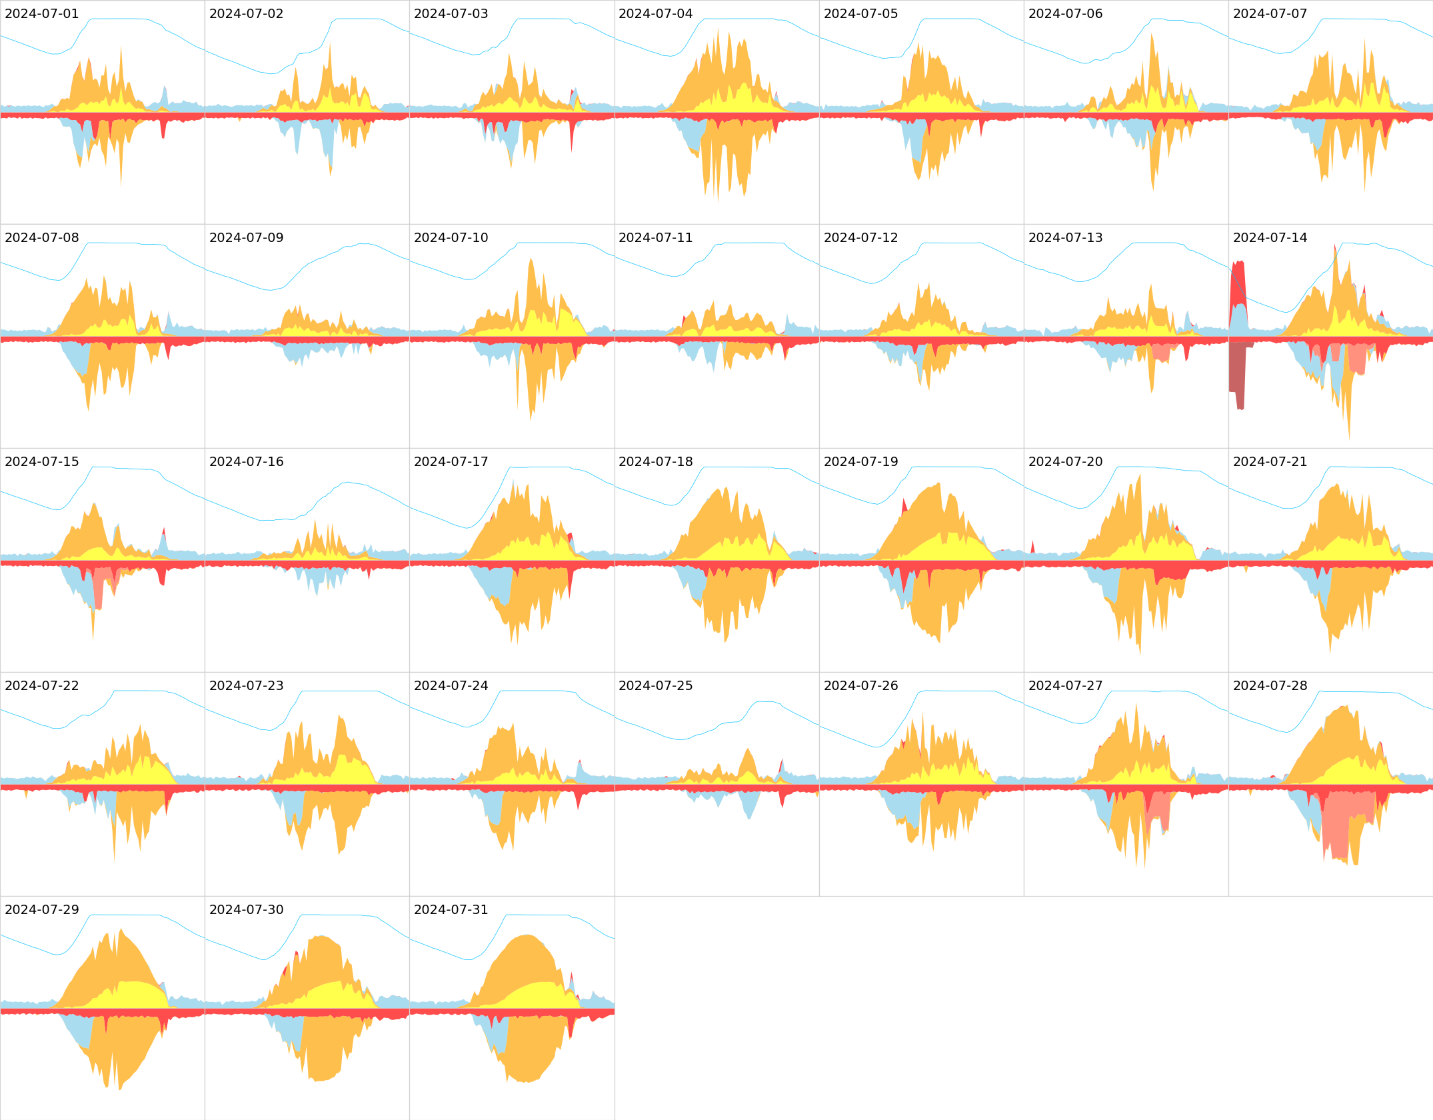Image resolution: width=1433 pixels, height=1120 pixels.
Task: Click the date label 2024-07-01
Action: click(x=41, y=14)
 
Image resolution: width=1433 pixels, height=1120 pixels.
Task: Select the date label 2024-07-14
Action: click(x=1270, y=238)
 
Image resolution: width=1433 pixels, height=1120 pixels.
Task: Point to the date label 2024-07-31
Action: click(x=451, y=910)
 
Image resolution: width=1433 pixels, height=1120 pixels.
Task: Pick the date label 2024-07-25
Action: click(x=655, y=686)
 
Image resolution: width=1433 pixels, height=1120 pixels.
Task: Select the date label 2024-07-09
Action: click(x=246, y=238)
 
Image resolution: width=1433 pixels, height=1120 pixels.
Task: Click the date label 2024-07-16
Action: click(x=246, y=462)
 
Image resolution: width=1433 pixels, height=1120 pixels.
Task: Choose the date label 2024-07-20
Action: click(x=1065, y=462)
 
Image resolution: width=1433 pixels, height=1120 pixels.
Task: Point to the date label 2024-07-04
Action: click(x=655, y=14)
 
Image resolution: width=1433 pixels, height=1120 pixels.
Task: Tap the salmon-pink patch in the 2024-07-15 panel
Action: click(x=99, y=587)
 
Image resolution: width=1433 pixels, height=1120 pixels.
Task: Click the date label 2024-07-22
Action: click(x=41, y=686)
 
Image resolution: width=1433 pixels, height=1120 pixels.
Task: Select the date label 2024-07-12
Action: click(x=860, y=238)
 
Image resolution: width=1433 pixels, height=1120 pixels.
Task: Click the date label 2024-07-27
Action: click(x=1065, y=686)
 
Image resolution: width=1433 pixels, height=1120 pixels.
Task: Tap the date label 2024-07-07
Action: click(x=1270, y=14)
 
